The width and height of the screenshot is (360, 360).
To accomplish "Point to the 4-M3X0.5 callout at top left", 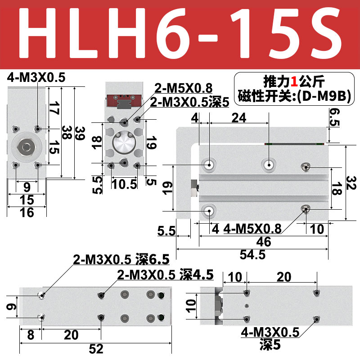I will pyautogui.click(x=36, y=78).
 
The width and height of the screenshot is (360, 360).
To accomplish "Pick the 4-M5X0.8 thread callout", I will pyautogui.click(x=252, y=229).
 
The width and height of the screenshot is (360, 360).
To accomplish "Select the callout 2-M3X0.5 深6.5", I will pyautogui.click(x=121, y=259).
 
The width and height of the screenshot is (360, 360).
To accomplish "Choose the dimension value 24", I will pyautogui.click(x=238, y=118).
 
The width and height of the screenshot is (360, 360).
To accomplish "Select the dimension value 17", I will pyautogui.click(x=54, y=108).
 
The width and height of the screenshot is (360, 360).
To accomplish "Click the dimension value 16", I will pyautogui.click(x=27, y=212).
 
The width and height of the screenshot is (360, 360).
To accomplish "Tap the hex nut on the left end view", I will pyautogui.click(x=26, y=147).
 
